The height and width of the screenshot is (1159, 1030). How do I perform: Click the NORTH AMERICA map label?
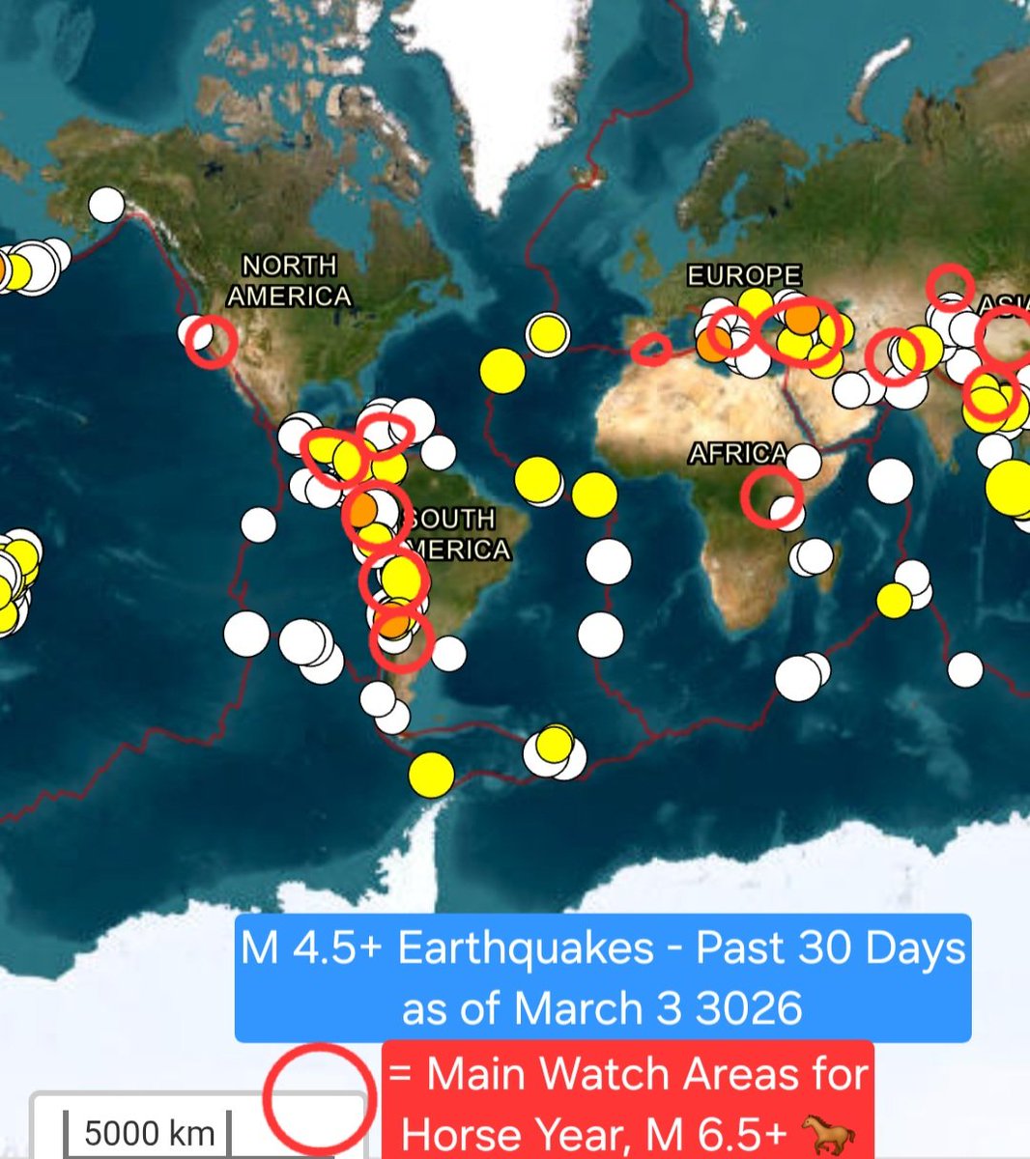[x=289, y=280]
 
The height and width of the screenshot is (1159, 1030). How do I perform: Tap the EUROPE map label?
[x=744, y=276]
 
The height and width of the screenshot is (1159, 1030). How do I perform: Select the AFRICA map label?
[x=738, y=453]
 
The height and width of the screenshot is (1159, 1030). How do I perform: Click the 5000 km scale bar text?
[x=150, y=1132]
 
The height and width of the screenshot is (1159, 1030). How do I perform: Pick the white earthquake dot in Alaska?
[x=106, y=205]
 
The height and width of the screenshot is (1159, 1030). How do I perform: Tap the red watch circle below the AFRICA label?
[x=772, y=496]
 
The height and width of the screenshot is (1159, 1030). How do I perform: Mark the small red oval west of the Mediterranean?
[x=651, y=349]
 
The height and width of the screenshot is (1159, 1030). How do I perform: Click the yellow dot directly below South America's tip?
[x=431, y=774]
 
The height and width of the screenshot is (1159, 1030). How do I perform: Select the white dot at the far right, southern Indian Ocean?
[x=964, y=668]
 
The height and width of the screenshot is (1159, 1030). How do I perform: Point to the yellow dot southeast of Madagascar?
[x=894, y=600]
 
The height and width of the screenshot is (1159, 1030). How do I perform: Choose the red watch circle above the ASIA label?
[x=950, y=287]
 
